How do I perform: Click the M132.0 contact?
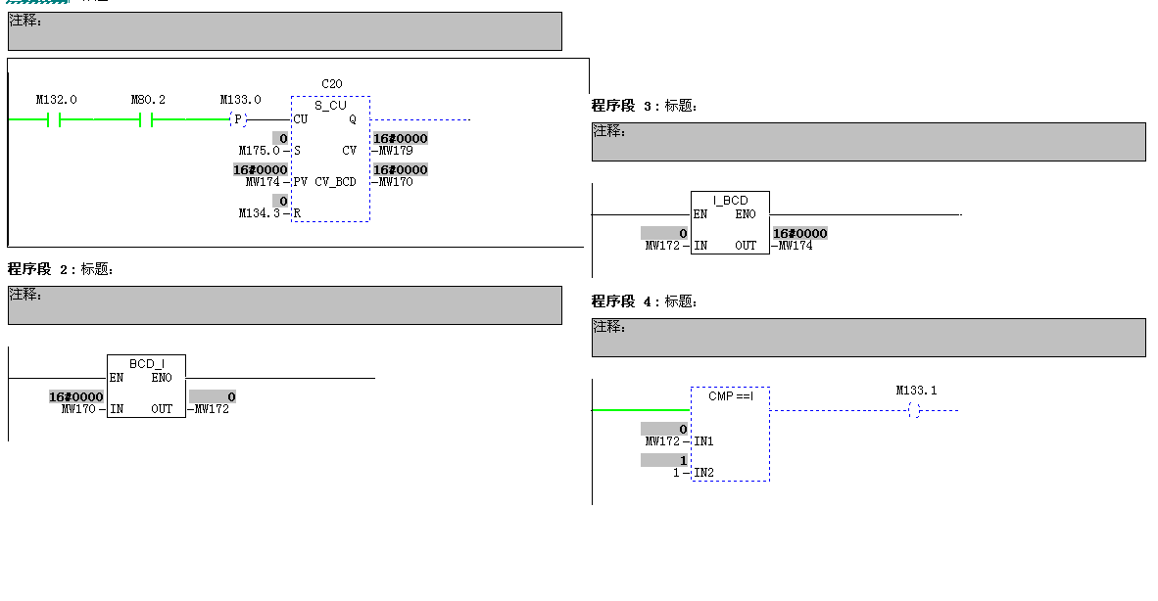54,119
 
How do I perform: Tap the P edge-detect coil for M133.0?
237,119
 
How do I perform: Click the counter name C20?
331,84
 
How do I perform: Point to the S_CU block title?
331,105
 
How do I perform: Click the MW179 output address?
396,151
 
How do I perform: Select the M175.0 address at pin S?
259,151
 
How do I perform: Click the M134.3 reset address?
259,213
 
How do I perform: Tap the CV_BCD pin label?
335,182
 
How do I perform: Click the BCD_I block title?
146,364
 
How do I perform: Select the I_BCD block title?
730,201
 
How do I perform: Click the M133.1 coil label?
916,391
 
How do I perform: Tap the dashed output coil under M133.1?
914,410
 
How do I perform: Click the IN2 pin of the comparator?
703,473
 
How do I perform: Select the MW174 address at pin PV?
263,182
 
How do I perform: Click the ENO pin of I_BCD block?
745,214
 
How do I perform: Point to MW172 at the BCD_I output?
212,409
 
